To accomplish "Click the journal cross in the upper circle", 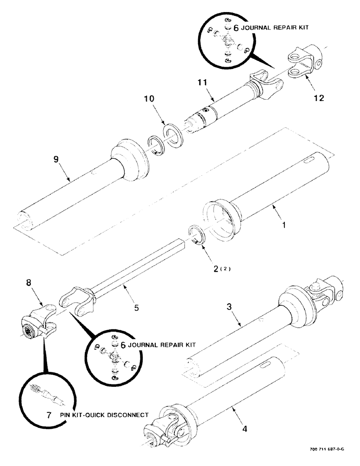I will coord(227,44).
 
